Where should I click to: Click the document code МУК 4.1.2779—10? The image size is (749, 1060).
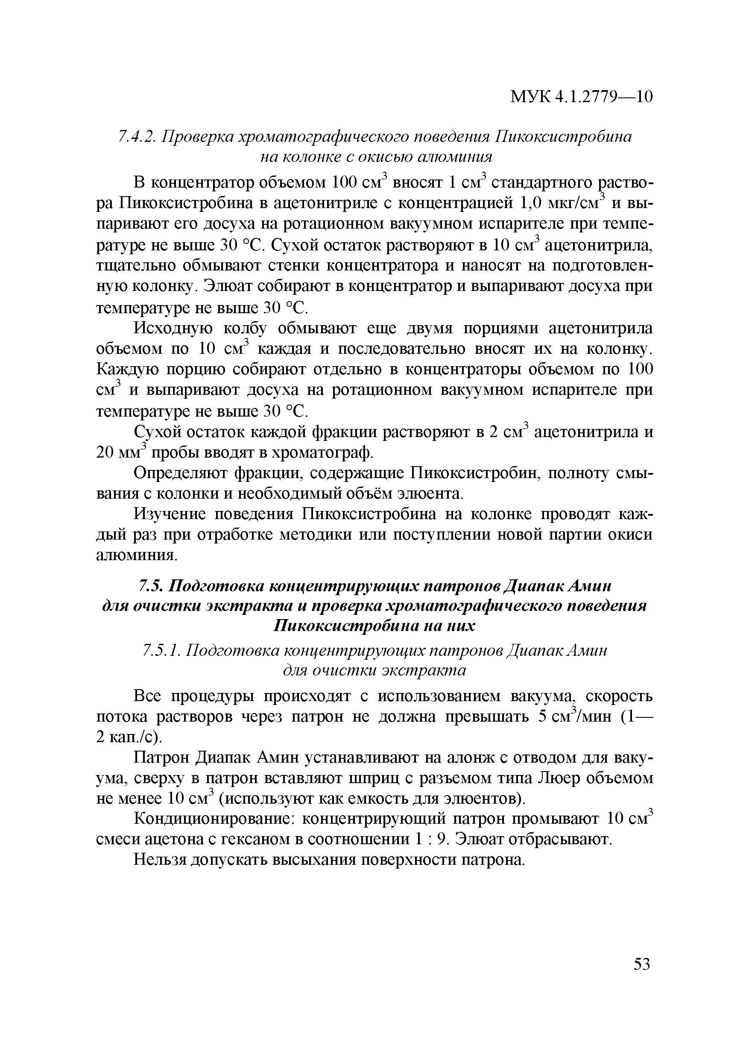point(581,97)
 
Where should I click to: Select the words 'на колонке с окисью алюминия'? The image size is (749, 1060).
point(376,157)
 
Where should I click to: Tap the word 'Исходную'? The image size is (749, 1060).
point(173,328)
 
